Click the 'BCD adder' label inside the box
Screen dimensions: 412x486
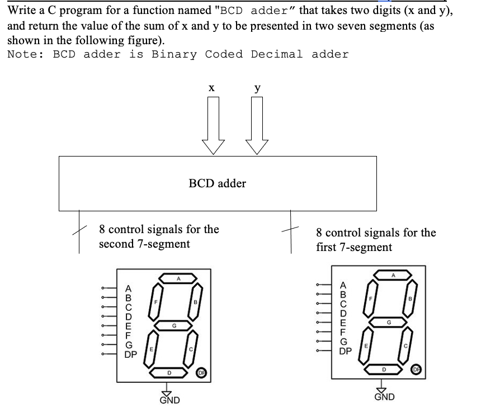(x=217, y=183)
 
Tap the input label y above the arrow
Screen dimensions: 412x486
(x=257, y=88)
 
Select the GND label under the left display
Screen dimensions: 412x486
(x=170, y=400)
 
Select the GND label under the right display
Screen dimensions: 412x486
(x=384, y=397)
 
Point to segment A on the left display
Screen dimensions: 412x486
(x=179, y=278)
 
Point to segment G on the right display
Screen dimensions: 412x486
(x=389, y=323)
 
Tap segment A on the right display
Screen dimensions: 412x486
(x=393, y=274)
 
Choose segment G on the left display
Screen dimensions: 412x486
(x=174, y=325)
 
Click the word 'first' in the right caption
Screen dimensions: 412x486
(x=327, y=247)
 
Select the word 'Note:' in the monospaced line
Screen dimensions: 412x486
(x=25, y=54)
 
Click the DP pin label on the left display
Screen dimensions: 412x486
(x=129, y=354)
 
